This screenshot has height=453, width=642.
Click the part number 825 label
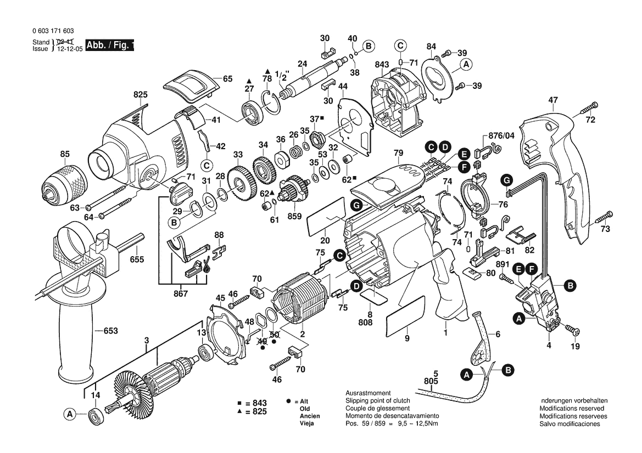pos(141,95)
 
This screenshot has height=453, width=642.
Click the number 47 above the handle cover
pos(552,100)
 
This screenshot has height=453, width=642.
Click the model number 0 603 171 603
pos(54,32)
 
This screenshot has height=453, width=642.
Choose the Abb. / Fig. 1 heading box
pos(110,46)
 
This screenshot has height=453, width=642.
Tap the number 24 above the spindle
pos(302,64)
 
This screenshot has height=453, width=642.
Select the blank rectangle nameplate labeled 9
pos(406,316)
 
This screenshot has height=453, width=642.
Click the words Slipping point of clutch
pos(378,401)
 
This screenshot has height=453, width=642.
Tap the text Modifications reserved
pos(571,409)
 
